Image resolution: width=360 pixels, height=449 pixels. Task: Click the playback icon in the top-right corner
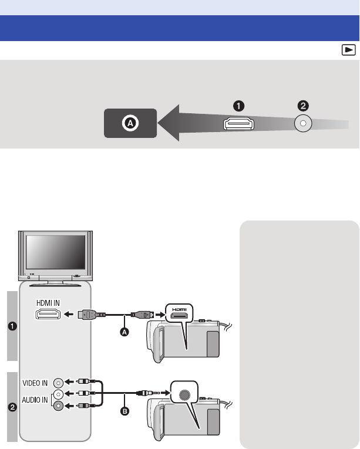click(x=349, y=50)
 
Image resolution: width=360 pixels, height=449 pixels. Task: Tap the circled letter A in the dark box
click(x=131, y=124)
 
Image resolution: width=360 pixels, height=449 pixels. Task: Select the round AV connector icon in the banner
click(x=303, y=124)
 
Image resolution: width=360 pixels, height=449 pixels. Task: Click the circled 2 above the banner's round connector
click(x=302, y=106)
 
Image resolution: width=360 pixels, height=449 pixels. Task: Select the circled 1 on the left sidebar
click(x=12, y=326)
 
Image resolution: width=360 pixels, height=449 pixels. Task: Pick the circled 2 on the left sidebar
click(x=12, y=407)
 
